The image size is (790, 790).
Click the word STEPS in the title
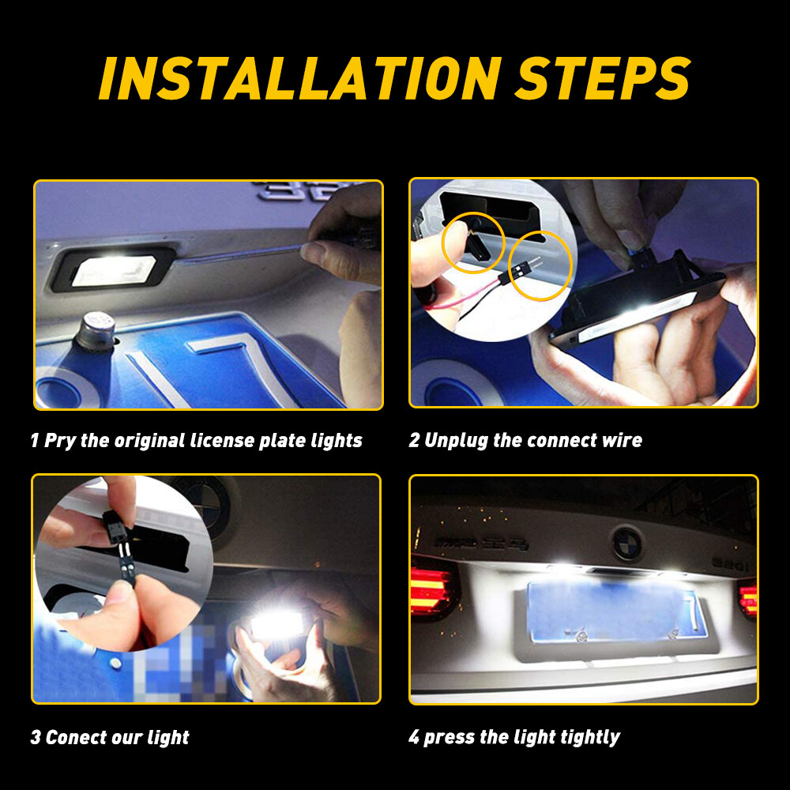pyautogui.click(x=602, y=77)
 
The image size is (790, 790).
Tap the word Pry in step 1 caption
pyautogui.click(x=61, y=440)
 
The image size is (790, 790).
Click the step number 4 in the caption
pyautogui.click(x=414, y=738)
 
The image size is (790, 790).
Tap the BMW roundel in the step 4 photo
pyautogui.click(x=627, y=543)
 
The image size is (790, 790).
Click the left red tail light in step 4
pyautogui.click(x=431, y=590)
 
